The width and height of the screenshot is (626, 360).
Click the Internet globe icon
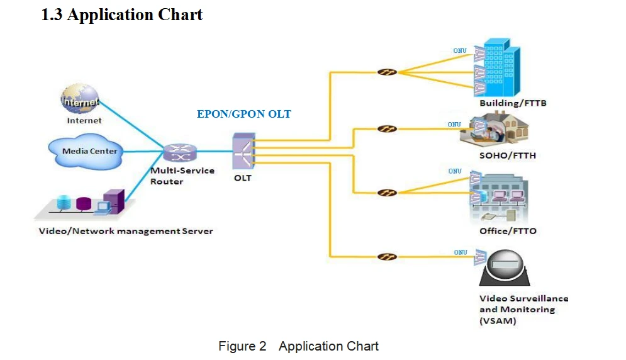[x=80, y=98]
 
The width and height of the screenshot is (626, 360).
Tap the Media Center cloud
[x=86, y=152]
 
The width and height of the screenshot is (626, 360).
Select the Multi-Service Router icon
[x=180, y=153]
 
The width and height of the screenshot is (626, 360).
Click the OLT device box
[x=243, y=151]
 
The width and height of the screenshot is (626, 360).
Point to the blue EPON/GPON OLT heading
[x=244, y=114]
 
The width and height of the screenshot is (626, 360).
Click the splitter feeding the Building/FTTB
[x=388, y=72]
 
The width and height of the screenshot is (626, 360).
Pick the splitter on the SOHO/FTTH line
[x=388, y=128]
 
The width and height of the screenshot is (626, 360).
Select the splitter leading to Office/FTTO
[x=388, y=193]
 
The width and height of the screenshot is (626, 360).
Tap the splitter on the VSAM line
[x=388, y=257]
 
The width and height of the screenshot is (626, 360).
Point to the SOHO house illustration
[x=495, y=128]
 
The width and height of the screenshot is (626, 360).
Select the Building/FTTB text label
[x=513, y=103]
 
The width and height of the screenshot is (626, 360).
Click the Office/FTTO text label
[x=508, y=231]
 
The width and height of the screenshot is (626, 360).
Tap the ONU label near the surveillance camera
[x=461, y=252]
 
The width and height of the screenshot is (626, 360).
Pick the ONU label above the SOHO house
[x=454, y=125]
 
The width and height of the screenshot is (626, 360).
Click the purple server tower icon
[x=114, y=201]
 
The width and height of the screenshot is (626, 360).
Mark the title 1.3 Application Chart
[x=122, y=14]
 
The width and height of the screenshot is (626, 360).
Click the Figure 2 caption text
[x=298, y=346]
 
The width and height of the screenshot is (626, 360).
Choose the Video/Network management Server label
[x=126, y=231]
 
